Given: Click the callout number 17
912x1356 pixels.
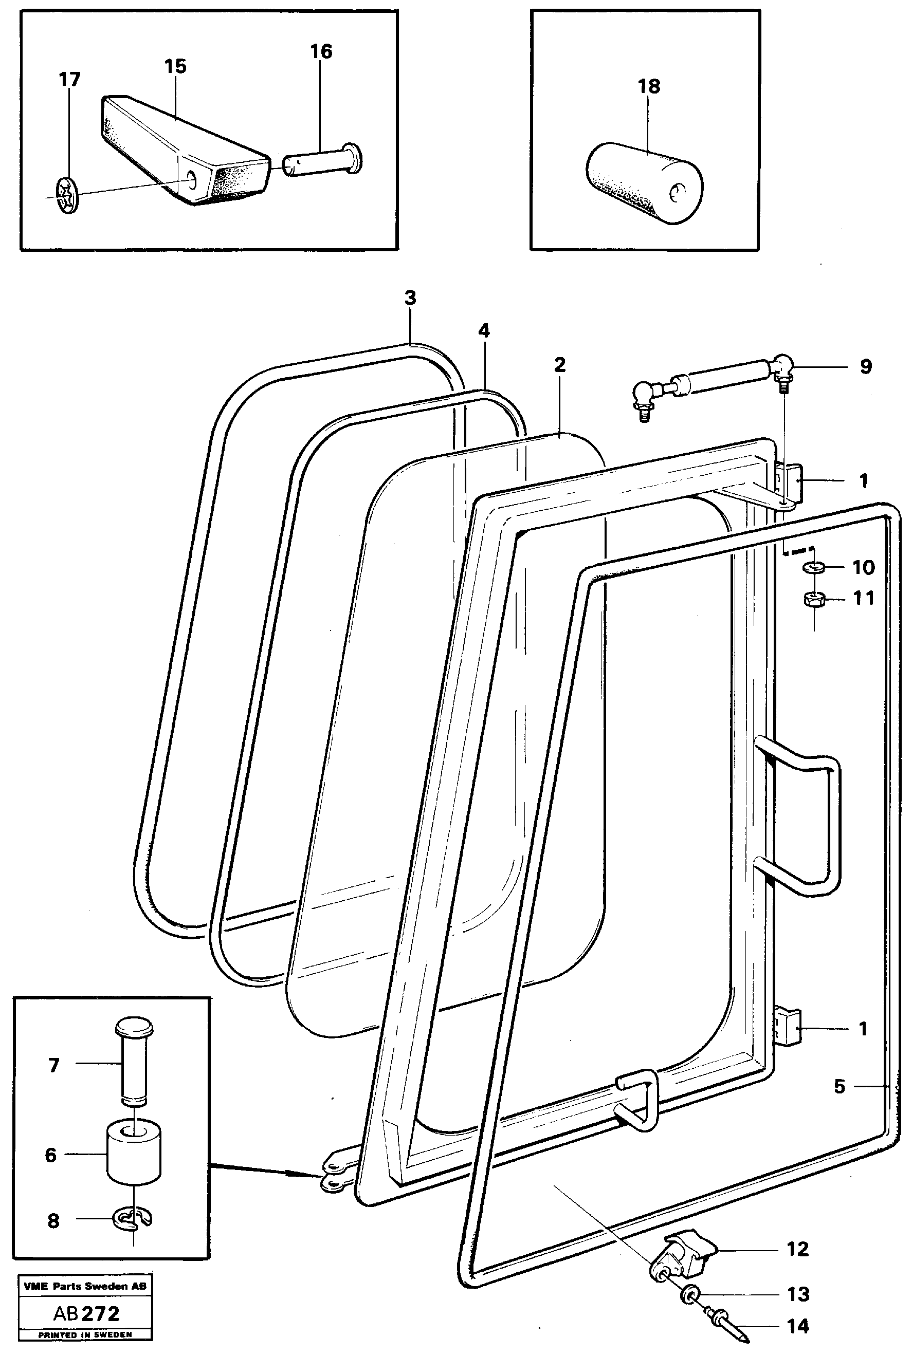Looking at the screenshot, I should point(69,79).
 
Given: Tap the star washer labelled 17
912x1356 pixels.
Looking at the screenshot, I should point(67,196).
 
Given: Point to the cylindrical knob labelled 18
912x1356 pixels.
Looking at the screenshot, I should point(645,183).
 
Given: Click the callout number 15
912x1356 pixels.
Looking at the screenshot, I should point(175,66).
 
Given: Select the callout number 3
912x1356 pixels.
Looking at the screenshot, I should point(410,298).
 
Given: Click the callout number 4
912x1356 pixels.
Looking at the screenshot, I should point(484,331).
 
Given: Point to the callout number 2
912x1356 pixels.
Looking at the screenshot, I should point(559,365).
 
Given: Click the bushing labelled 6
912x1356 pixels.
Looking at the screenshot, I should point(134,1153).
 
